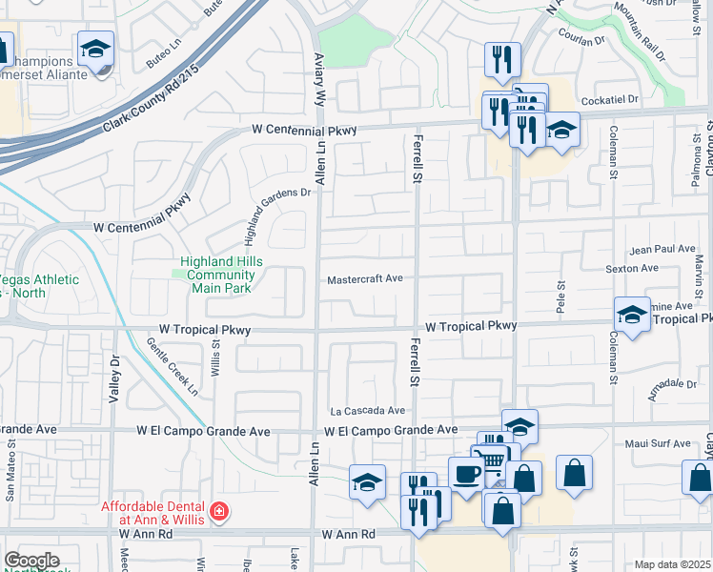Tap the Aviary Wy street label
click(x=320, y=75)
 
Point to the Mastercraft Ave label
click(x=365, y=280)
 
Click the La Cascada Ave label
click(x=368, y=411)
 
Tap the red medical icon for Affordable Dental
click(x=220, y=512)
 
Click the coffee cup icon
click(x=465, y=473)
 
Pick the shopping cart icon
click(x=492, y=463)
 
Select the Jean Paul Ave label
click(x=663, y=249)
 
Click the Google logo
click(x=31, y=561)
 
